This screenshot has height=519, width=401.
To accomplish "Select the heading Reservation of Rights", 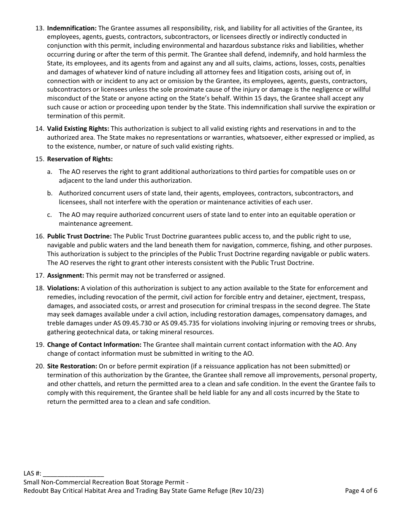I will pos(80,159).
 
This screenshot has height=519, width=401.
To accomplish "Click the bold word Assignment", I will pos(65,276).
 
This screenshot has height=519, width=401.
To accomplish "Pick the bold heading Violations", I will pos(63,288).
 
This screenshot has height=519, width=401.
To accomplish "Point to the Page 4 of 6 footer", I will pos(361,491).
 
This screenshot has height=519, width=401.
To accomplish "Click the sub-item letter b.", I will pos(49,193).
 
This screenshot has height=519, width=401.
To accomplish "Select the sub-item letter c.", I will pos(49,215).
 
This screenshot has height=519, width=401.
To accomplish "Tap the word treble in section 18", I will pos(56,323).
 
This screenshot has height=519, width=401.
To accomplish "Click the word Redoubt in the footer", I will pos(36,491).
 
